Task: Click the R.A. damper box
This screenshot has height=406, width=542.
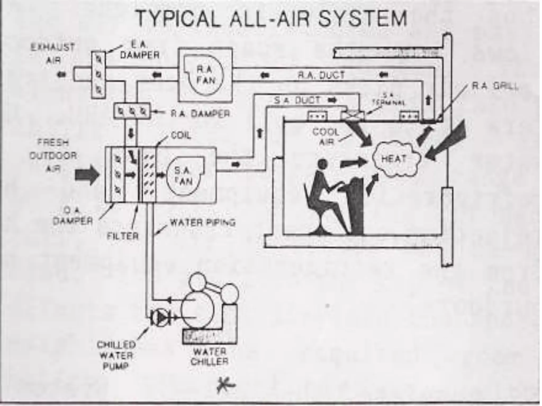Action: click(132, 111)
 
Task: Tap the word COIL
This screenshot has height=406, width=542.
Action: click(181, 136)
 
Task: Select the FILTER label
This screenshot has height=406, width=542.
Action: click(123, 236)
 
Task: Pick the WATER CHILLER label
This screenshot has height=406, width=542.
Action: click(209, 357)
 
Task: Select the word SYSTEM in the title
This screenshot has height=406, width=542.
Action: click(362, 19)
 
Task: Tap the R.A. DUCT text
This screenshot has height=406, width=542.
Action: click(321, 76)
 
